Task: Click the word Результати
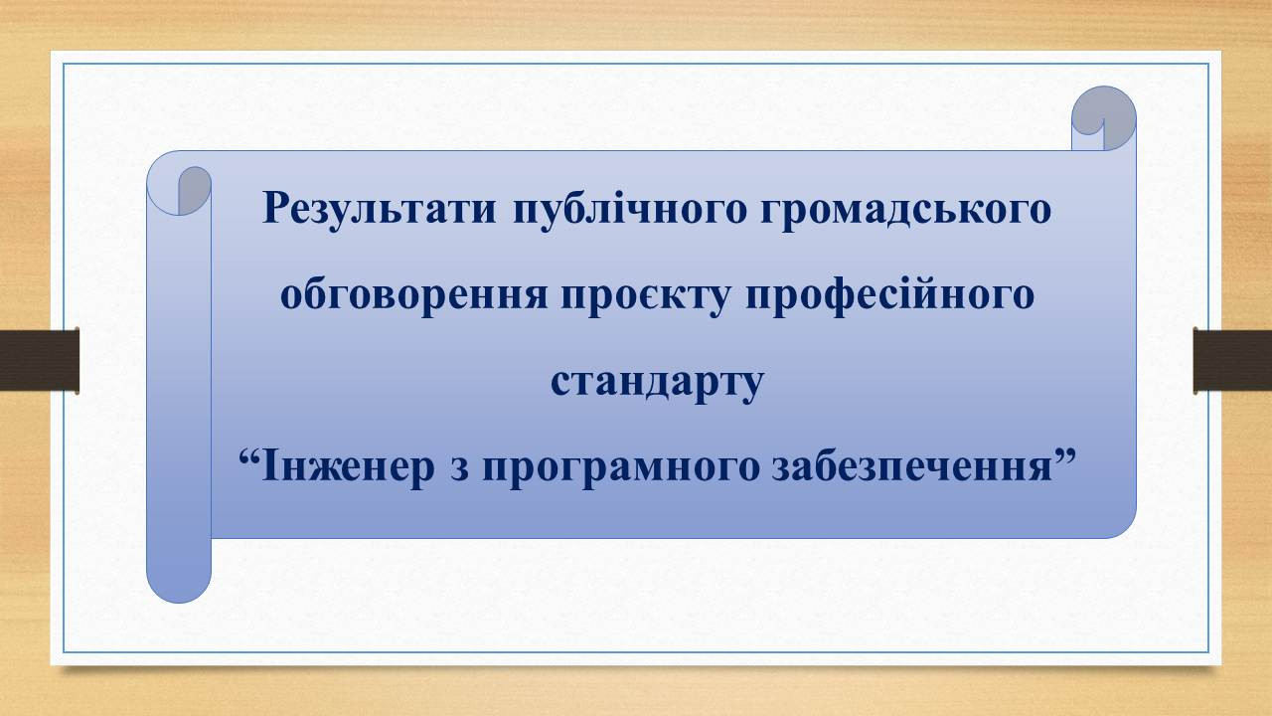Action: pos(379,210)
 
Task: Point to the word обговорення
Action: pos(414,295)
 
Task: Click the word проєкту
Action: pos(646,296)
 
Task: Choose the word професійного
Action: pos(889,295)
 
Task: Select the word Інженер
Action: pos(348,467)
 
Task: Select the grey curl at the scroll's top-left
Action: pos(194,190)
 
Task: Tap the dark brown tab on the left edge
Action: pos(39,360)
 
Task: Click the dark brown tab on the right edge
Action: pos(1233,360)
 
